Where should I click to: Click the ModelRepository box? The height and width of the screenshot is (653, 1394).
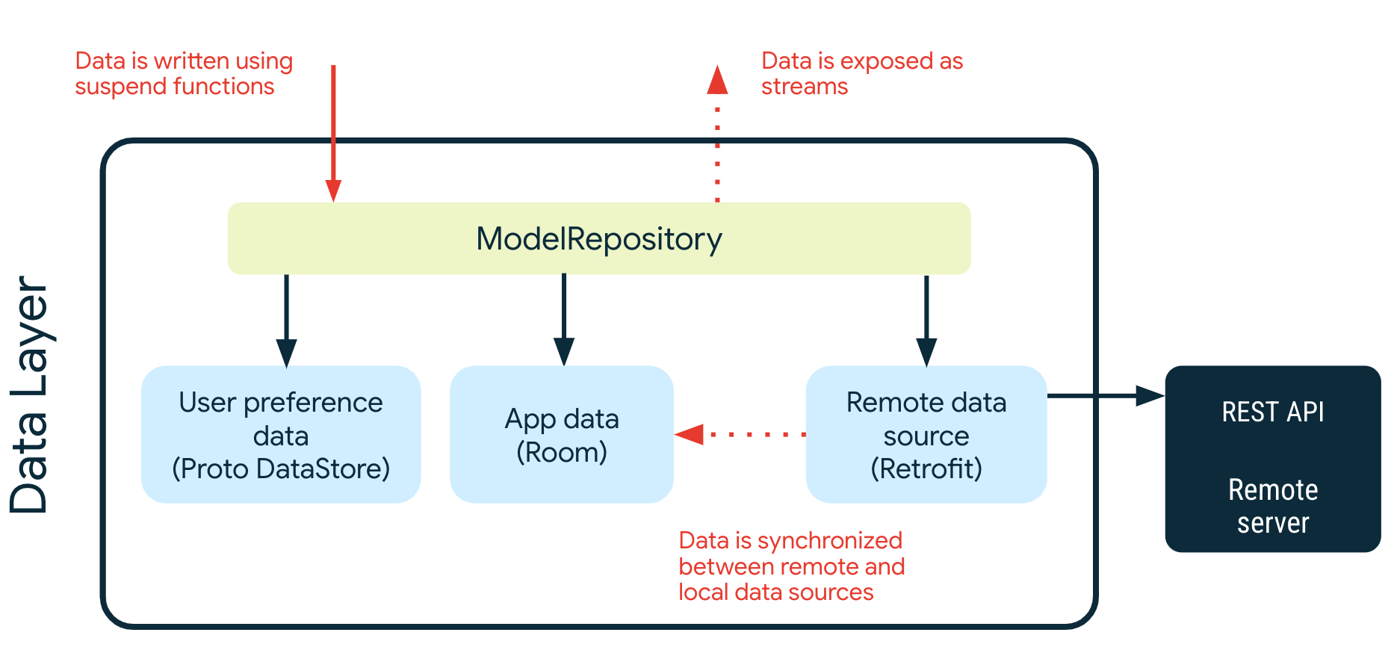click(598, 239)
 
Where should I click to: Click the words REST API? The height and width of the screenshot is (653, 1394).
click(1272, 412)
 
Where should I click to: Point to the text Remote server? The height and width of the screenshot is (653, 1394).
click(1272, 506)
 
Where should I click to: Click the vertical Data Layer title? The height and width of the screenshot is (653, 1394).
click(30, 394)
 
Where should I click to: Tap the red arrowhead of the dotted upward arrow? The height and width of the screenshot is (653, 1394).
click(717, 81)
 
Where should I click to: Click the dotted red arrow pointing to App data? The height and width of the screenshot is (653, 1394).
click(740, 434)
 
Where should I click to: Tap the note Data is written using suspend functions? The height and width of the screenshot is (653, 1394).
click(184, 73)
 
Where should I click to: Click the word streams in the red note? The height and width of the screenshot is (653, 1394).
click(805, 87)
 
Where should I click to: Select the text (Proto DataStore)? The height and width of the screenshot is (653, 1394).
click(281, 468)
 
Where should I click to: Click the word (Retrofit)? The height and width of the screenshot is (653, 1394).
click(926, 468)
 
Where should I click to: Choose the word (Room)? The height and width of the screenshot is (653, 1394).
click(561, 452)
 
